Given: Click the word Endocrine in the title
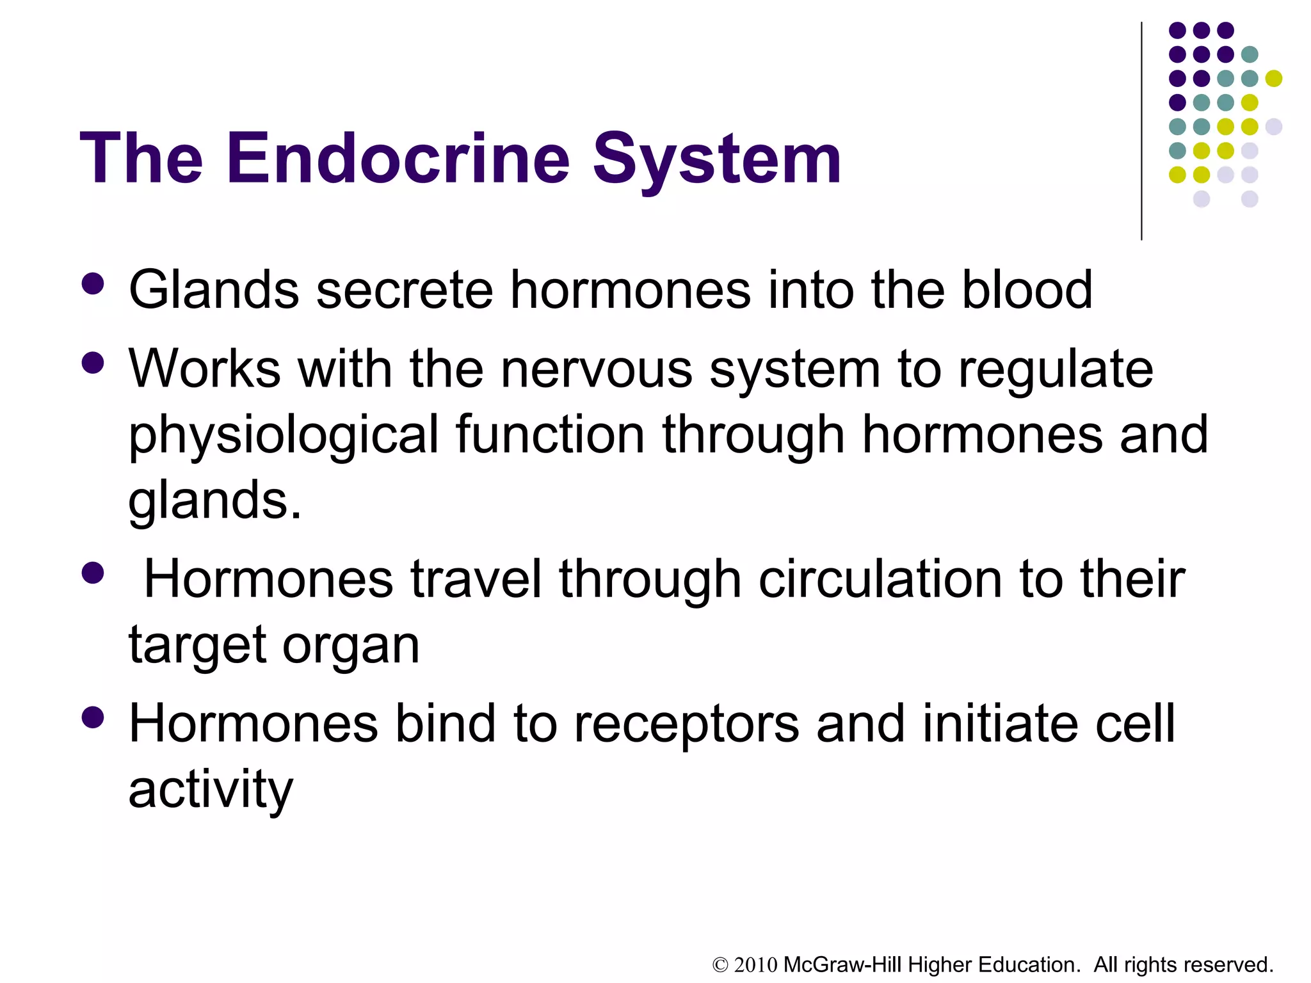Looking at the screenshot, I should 397,158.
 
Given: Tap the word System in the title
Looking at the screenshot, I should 717,160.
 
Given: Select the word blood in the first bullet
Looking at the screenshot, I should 1027,289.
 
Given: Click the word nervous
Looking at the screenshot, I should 596,369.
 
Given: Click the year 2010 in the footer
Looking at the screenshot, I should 755,965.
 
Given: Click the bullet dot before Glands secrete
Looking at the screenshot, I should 93,284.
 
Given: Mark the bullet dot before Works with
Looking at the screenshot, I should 93,364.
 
